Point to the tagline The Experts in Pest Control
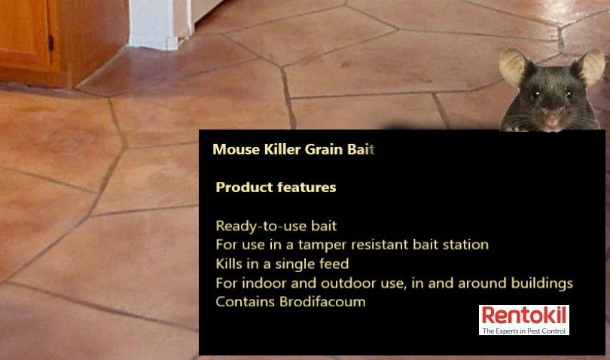524,331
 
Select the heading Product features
276,187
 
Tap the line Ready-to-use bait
276,226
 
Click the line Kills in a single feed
282,264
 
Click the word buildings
541,283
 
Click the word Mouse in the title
232,148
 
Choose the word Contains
240,302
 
